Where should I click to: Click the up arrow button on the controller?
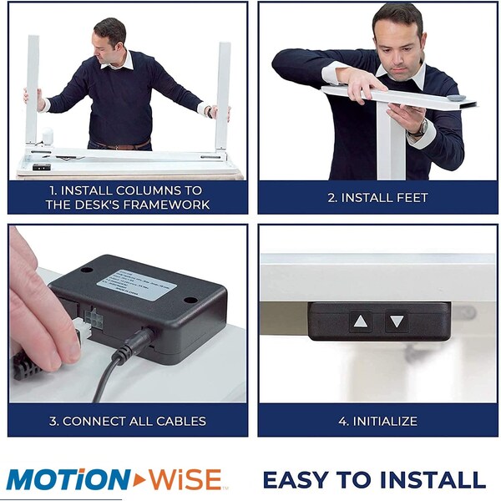click(360, 321)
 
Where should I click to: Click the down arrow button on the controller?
click(397, 321)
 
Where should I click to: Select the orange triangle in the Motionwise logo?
click(139, 479)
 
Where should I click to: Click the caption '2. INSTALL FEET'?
click(377, 198)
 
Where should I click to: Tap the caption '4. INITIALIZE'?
click(377, 421)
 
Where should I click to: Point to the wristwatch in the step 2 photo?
click(417, 128)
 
